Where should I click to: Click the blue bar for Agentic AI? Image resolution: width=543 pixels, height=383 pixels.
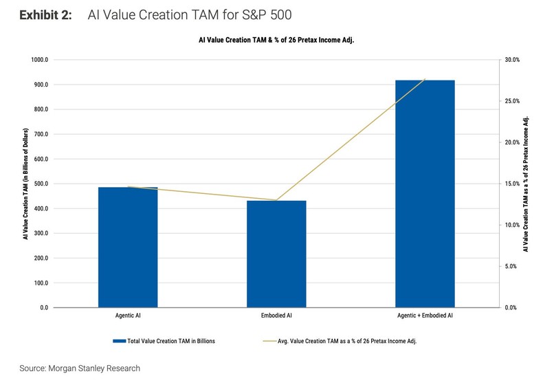tap(128, 247)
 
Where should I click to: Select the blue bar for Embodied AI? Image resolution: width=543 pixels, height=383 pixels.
tap(276, 254)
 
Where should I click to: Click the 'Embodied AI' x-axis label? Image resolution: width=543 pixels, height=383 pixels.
tap(276, 316)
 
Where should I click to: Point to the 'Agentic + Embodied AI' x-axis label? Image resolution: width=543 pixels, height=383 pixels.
tap(425, 316)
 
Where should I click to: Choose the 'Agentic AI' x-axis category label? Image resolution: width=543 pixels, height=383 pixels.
tap(128, 316)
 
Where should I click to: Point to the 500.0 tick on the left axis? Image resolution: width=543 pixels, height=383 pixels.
tap(40, 184)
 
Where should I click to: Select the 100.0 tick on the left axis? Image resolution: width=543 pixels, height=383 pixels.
tap(40, 283)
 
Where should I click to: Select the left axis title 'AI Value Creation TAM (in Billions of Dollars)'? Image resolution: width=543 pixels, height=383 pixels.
tap(25, 184)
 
